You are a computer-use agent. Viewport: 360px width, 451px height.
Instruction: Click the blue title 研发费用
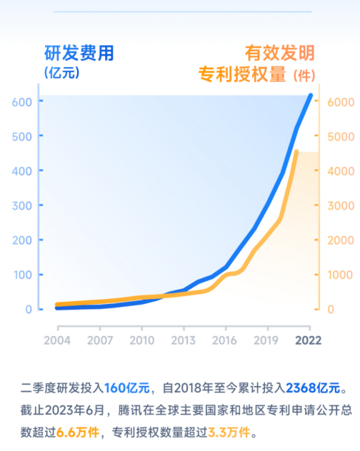point(79,52)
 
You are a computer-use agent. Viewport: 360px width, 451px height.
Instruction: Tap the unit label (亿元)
point(61,72)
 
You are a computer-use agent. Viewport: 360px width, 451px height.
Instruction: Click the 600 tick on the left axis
point(22,102)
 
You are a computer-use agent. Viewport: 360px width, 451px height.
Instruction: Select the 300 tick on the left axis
point(22,206)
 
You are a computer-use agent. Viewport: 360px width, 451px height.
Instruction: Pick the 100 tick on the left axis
point(22,275)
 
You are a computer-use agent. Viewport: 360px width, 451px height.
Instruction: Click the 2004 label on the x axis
point(58,339)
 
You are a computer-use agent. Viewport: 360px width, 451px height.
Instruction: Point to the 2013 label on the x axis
point(184,339)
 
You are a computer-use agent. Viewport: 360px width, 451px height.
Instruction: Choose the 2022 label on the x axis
point(309,339)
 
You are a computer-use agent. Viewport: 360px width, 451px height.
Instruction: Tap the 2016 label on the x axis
point(225,339)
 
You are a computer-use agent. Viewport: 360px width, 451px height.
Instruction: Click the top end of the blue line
point(310,96)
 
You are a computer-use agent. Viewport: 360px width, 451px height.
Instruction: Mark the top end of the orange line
point(296,152)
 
